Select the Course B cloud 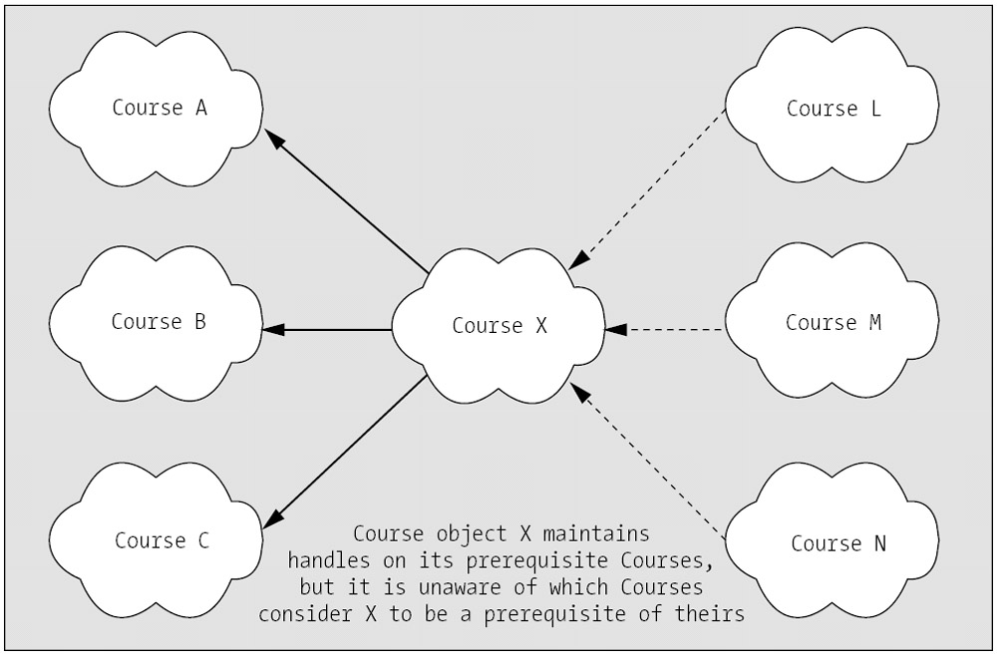pyautogui.click(x=159, y=322)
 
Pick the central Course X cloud pyautogui.click(x=498, y=326)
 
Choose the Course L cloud pyautogui.click(x=832, y=108)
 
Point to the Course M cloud pyautogui.click(x=832, y=323)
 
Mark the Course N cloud pyautogui.click(x=837, y=543)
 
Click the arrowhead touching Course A pyautogui.click(x=278, y=143)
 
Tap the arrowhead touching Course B pyautogui.click(x=270, y=329)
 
